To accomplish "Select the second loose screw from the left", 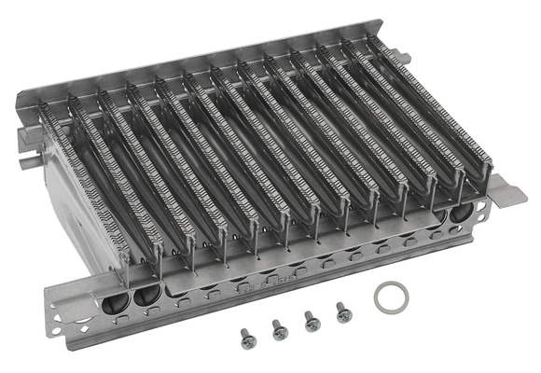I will point(279,328).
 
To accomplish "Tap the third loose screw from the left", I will point(312,321).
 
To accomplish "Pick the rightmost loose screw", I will point(343,311).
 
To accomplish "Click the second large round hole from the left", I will point(146,297).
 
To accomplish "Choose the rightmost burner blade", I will point(429,103).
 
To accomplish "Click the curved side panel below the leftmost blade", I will point(84,252).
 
